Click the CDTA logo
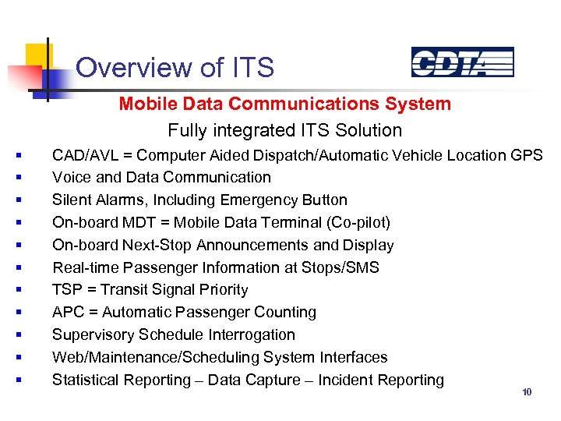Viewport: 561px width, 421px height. pos(462,62)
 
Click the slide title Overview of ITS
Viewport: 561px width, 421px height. pos(175,68)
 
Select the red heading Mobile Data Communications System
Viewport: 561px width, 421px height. pos(284,104)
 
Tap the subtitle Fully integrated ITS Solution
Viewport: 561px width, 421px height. pos(284,130)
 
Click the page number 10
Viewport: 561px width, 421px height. pos(527,392)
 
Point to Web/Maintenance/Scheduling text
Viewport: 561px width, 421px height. pos(156,358)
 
